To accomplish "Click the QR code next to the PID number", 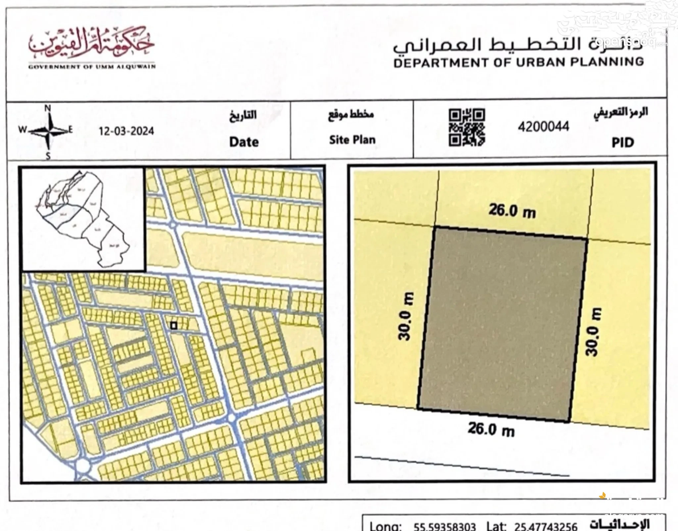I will pos(467,128).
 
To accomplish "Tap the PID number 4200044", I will pos(544,127).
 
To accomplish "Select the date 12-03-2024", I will pos(126,131).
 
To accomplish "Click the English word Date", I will pos(244,142).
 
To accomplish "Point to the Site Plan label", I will pos(352,140).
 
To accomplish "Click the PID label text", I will pos(623,142).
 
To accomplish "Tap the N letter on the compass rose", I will pos(48,108).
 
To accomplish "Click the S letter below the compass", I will pos(48,156).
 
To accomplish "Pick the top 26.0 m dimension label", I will pos(512,211).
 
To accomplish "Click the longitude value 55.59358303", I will pos(445,526).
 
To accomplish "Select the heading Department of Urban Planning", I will pos(518,62).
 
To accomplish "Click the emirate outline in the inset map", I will pos(83,219).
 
